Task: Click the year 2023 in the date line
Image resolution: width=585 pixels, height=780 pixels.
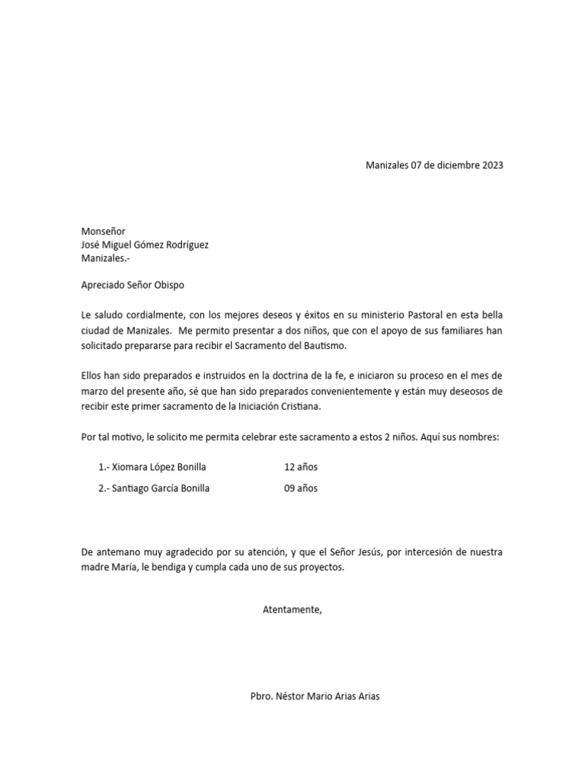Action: [x=492, y=165]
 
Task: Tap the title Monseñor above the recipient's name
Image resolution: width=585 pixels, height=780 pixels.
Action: [x=104, y=231]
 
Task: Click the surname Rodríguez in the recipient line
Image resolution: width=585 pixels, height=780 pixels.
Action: [x=184, y=245]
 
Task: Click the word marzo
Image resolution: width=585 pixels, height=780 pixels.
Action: [x=95, y=392]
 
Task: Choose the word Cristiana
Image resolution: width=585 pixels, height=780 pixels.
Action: [x=298, y=407]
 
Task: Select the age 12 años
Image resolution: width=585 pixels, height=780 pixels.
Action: [x=301, y=467]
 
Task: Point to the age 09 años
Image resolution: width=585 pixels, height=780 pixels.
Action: [x=301, y=488]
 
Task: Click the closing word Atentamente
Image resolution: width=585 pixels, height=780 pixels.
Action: [x=292, y=609]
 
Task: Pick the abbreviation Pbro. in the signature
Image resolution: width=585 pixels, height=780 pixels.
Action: [x=262, y=696]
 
